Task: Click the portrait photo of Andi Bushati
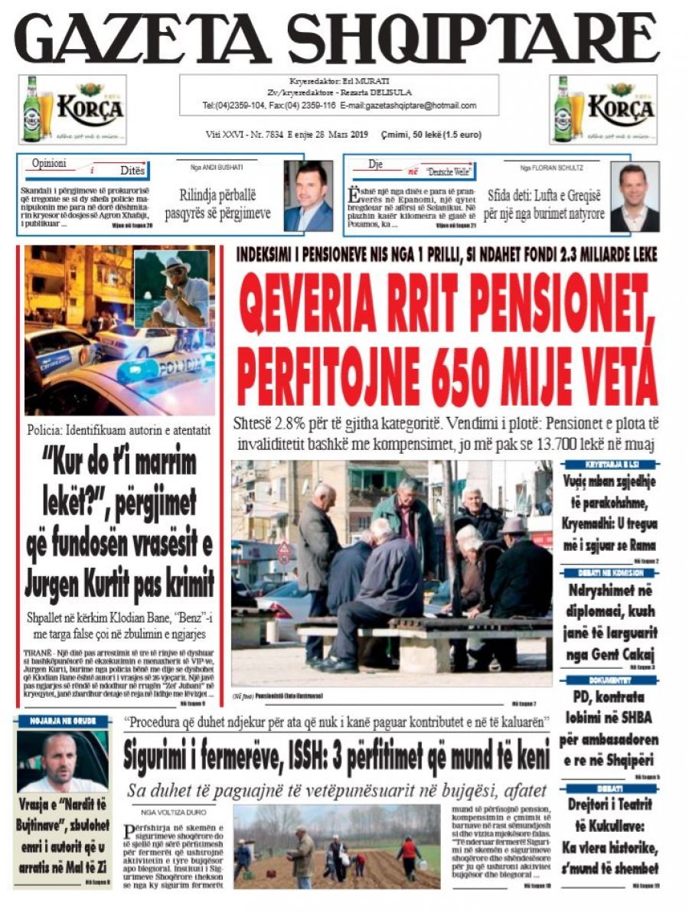coord(308,195)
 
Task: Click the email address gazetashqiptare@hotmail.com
coord(419,106)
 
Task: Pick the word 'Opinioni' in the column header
coord(49,164)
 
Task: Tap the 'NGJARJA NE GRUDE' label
coord(62,720)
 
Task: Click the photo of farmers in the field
coord(337,845)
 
